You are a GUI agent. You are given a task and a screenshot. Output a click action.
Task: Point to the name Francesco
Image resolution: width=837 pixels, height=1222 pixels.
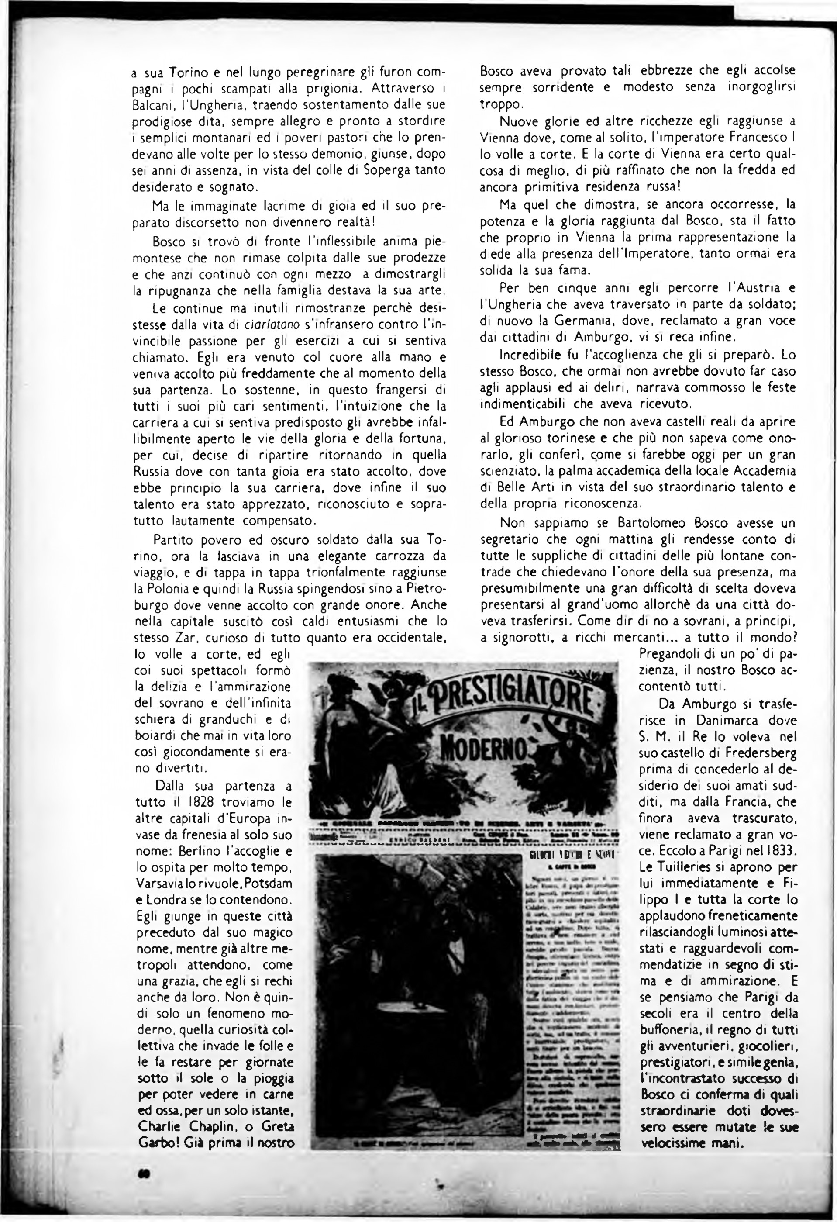pos(754,138)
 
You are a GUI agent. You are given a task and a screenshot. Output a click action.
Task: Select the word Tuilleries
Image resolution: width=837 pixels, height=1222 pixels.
pos(696,867)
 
